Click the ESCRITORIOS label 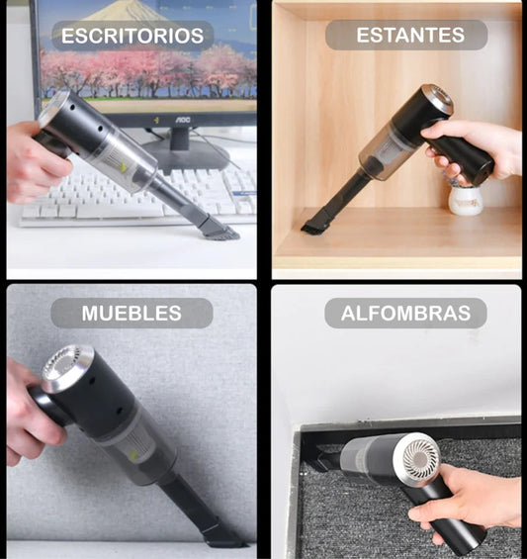(132, 36)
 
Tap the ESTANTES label (406, 36)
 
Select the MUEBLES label (132, 314)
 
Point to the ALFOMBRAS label (405, 314)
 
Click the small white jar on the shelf (465, 201)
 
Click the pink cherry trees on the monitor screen (148, 69)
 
